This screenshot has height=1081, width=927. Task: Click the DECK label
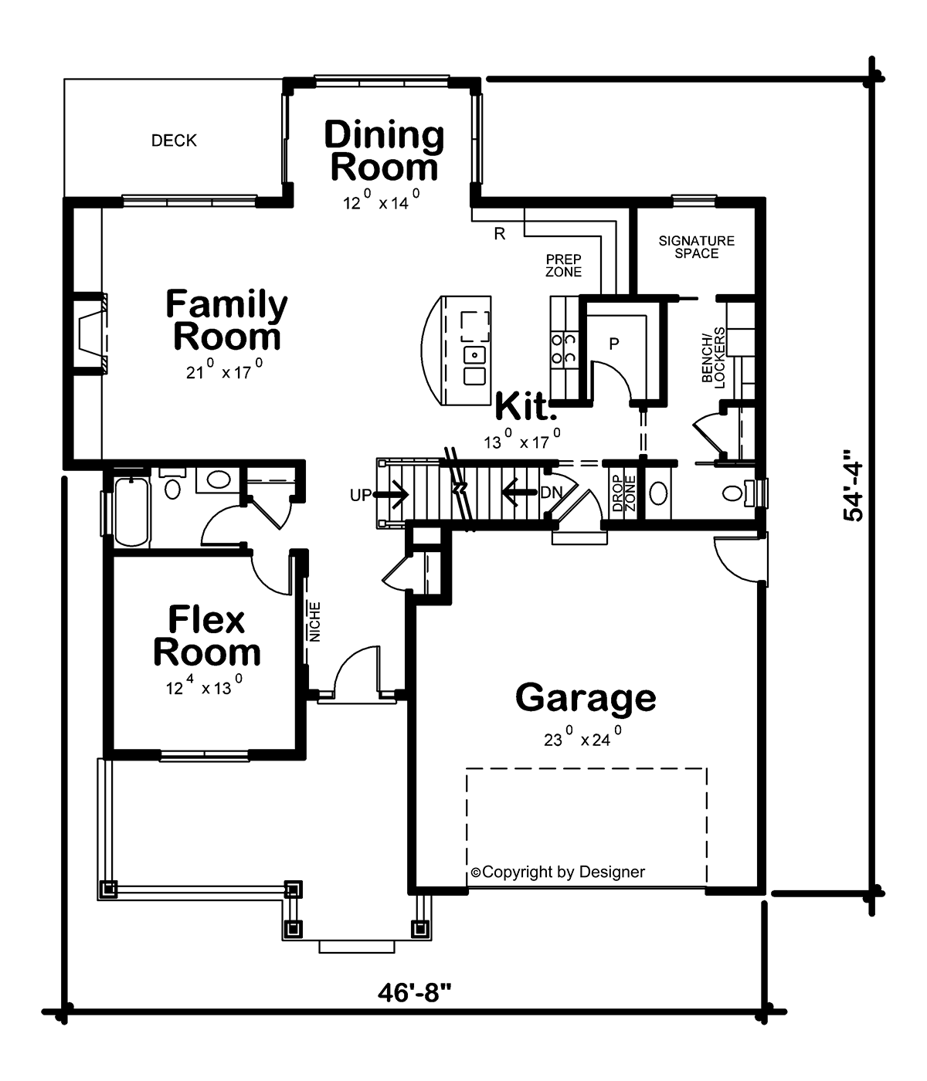point(174,141)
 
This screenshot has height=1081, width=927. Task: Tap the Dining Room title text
point(384,151)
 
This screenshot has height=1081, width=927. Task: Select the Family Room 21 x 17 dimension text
point(225,370)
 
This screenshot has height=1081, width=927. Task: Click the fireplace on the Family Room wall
point(90,334)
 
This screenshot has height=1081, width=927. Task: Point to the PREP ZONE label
point(563,266)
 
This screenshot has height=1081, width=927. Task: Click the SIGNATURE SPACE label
point(696,247)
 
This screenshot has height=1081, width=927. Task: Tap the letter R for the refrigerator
point(500,234)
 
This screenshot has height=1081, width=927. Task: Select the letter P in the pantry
point(614,344)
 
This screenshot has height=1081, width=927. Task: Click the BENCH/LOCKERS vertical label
point(714,358)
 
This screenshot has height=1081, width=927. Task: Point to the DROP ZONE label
point(623,493)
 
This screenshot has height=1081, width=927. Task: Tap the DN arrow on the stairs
point(519,492)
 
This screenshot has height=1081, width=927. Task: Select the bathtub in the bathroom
point(132,512)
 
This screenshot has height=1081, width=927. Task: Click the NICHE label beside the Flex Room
point(315,622)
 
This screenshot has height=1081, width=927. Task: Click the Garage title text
point(586,698)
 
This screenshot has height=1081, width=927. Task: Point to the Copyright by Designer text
point(558,872)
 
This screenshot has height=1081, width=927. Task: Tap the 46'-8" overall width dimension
point(414,992)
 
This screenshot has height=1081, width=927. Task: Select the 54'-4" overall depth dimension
point(854,485)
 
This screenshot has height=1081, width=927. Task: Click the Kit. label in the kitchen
point(525,406)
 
